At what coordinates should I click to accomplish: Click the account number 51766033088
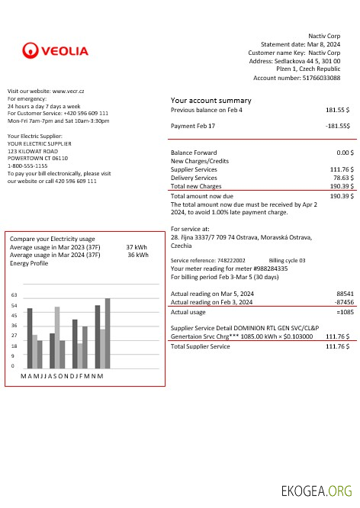click(321, 78)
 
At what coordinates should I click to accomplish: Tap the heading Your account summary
click(211, 101)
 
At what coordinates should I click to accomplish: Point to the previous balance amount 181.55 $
click(337, 110)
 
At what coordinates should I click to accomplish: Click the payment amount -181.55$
click(337, 125)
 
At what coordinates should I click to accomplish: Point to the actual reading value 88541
click(345, 293)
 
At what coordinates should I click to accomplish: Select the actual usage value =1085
click(343, 311)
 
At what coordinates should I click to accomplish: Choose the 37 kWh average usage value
click(137, 247)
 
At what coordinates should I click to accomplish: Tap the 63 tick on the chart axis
click(14, 294)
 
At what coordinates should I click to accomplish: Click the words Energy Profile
click(29, 263)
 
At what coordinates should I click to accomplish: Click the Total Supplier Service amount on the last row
click(337, 346)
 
